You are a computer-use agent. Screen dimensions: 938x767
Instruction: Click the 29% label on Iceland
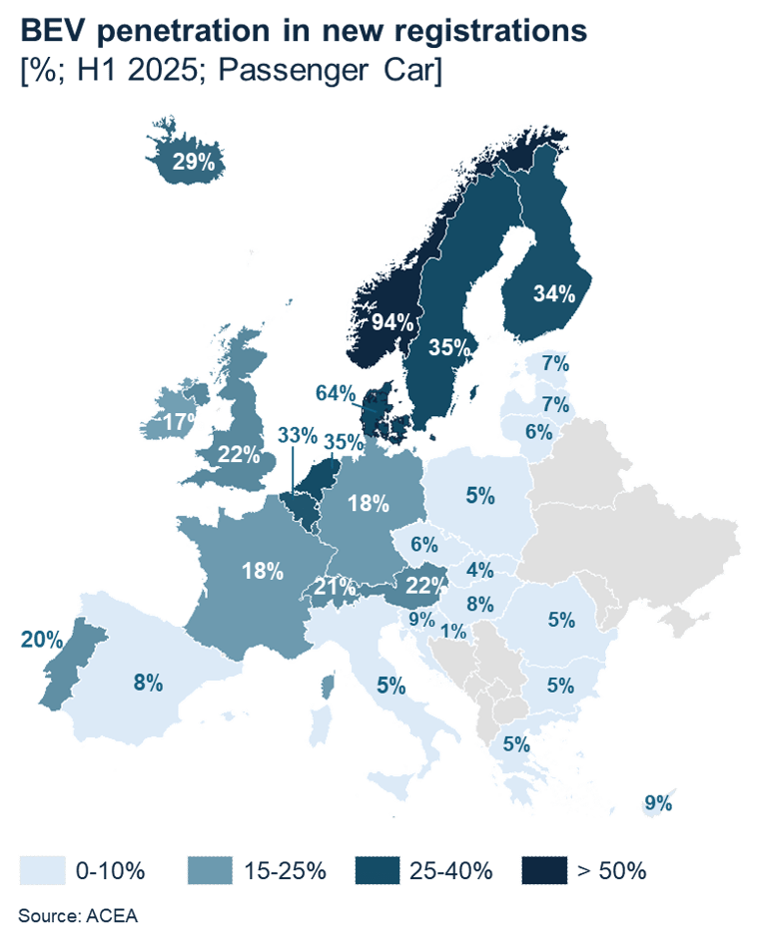(x=194, y=163)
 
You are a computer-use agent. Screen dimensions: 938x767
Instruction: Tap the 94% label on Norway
(x=392, y=322)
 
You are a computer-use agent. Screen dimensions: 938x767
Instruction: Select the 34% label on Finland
(x=553, y=293)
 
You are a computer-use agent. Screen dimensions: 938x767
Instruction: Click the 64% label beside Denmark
(x=336, y=393)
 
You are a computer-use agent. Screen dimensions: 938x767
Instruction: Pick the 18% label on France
(x=263, y=571)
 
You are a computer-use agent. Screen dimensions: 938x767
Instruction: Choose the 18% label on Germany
(x=368, y=503)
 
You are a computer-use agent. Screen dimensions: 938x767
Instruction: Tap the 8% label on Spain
(x=148, y=683)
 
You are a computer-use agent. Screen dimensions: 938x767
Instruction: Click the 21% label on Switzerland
(x=336, y=587)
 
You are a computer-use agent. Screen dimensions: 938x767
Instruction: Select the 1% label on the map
(x=453, y=631)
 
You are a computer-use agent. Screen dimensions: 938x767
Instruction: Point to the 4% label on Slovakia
(x=479, y=571)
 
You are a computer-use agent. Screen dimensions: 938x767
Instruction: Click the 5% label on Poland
(x=479, y=493)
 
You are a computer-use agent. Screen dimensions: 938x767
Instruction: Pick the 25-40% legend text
(x=450, y=870)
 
